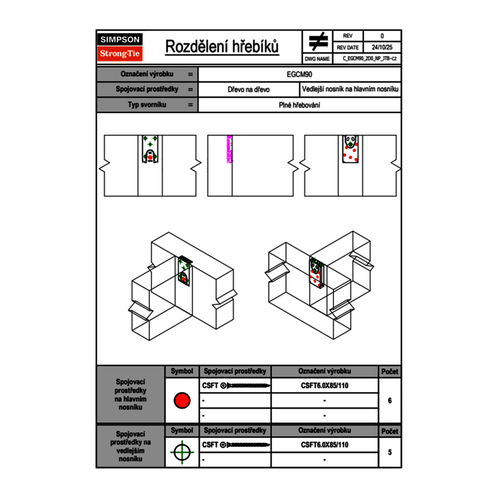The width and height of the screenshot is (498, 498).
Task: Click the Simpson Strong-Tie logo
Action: pyautogui.click(x=121, y=47)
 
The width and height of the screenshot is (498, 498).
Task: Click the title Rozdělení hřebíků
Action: pyautogui.click(x=222, y=47)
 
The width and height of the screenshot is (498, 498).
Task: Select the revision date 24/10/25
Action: pyautogui.click(x=381, y=48)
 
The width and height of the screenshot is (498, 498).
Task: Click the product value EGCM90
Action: pyautogui.click(x=300, y=74)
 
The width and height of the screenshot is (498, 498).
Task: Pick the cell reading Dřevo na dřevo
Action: pyautogui.click(x=248, y=89)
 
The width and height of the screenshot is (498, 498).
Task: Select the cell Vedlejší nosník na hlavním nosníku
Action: pyautogui.click(x=350, y=89)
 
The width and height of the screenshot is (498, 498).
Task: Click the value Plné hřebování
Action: pyautogui.click(x=300, y=105)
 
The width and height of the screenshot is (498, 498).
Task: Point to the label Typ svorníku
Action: pyautogui.click(x=147, y=105)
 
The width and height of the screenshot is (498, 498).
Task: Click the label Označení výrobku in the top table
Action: pyautogui.click(x=147, y=74)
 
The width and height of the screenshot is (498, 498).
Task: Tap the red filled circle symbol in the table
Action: pyautogui.click(x=182, y=401)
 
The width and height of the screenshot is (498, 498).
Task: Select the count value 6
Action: pyautogui.click(x=390, y=401)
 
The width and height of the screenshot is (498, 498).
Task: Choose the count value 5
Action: pyautogui.click(x=390, y=452)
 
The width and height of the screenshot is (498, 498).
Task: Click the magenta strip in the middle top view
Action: pyautogui.click(x=229, y=149)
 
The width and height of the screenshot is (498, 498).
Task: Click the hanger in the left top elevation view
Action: pyautogui.click(x=150, y=149)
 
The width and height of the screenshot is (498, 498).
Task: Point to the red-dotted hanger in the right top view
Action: pyautogui.click(x=351, y=149)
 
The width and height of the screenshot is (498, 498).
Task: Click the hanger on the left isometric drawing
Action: pyautogui.click(x=185, y=271)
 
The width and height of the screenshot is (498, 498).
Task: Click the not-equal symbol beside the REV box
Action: pyautogui.click(x=318, y=42)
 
